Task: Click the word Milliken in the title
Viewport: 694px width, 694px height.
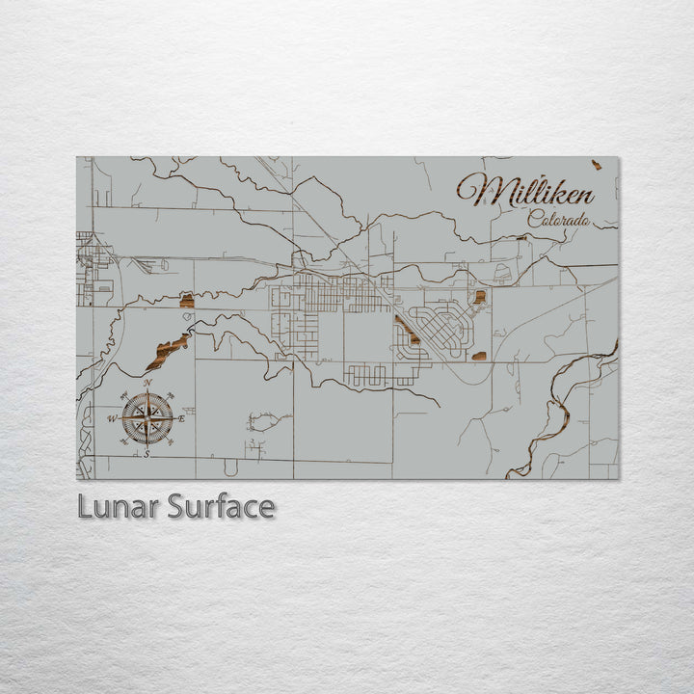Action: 525,190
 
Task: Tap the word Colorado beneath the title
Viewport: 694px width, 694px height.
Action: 559,220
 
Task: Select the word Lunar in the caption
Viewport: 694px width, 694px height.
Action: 118,506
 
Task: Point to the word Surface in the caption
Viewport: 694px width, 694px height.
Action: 221,506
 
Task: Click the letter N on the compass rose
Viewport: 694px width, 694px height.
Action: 147,384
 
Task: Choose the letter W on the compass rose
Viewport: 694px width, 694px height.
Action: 112,418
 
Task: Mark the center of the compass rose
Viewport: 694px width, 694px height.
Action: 147,417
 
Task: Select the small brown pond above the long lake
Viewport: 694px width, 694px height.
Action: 187,302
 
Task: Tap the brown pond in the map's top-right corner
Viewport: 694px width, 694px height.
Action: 597,165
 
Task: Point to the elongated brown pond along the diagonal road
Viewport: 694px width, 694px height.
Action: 406,330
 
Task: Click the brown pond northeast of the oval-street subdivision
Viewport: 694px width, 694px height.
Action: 479,296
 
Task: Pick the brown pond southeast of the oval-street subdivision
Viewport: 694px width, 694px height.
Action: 479,357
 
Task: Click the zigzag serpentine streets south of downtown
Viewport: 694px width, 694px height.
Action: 381,374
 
